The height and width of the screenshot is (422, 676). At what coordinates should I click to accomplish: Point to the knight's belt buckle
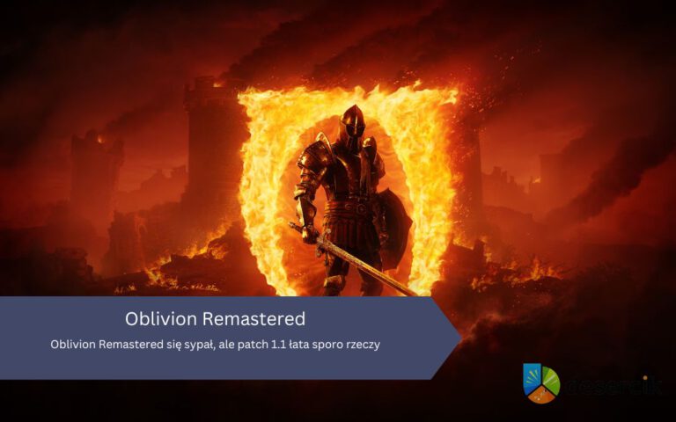[x=342, y=209]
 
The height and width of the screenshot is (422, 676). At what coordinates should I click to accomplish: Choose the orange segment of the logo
[x=543, y=397]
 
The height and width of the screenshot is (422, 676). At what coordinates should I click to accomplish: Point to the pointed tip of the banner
[x=459, y=338]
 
